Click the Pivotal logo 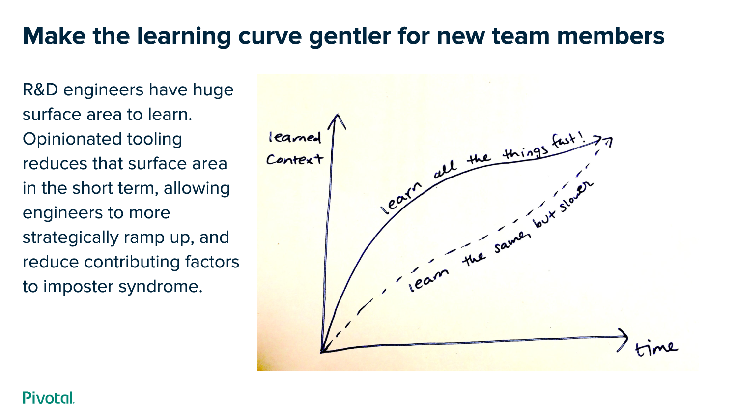point(48,397)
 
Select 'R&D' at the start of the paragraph point(41,90)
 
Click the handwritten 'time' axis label point(656,348)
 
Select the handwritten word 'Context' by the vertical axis point(294,159)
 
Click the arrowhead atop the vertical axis point(337,120)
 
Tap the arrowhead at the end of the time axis point(623,339)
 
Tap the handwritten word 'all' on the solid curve point(445,170)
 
